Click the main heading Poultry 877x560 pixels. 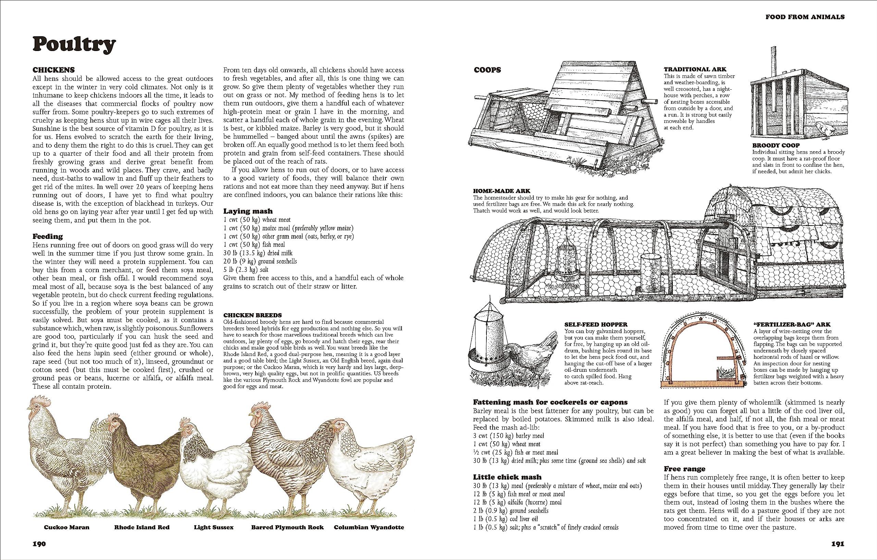[74, 45]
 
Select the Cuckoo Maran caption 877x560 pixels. [67, 527]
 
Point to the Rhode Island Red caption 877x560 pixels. [142, 527]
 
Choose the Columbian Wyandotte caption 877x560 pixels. [369, 527]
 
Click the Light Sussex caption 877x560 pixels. [213, 527]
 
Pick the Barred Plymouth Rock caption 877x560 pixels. [287, 527]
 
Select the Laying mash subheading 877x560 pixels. [248, 211]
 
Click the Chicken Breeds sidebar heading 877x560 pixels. [252, 316]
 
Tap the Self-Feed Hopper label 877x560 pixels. [596, 324]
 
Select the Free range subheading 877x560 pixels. [684, 469]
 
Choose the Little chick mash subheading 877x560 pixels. [507, 477]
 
